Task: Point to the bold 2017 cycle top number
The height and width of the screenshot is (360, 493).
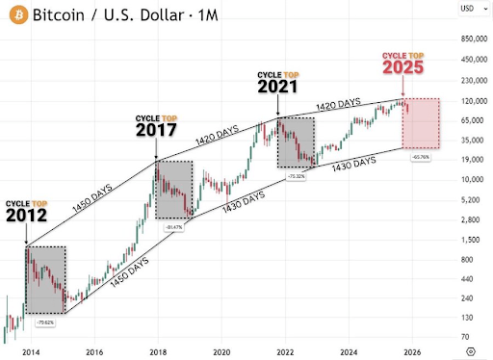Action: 156,129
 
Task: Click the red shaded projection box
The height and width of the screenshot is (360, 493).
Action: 424,123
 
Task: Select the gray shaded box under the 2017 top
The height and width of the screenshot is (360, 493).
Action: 172,191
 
